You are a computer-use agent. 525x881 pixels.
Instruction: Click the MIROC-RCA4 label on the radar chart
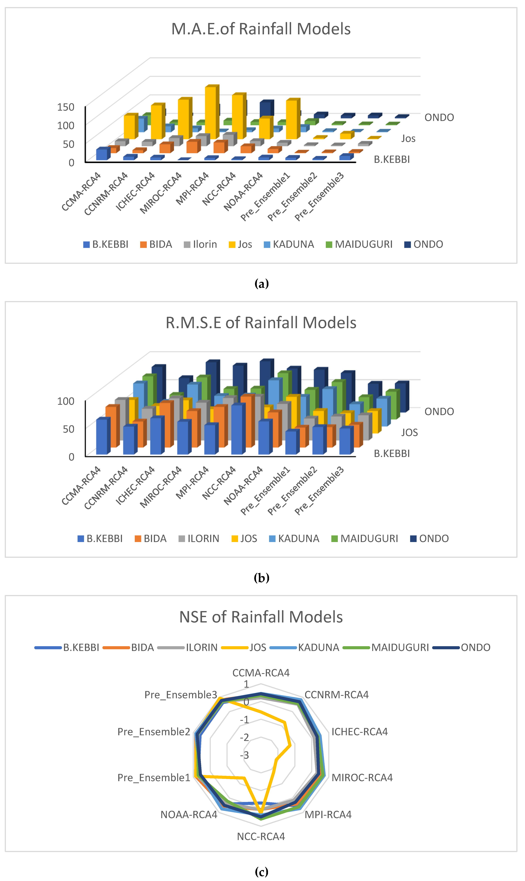(x=362, y=777)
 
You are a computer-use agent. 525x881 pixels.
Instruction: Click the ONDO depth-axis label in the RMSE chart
(x=439, y=412)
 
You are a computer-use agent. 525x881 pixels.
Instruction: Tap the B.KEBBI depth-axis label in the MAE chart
(x=392, y=159)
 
